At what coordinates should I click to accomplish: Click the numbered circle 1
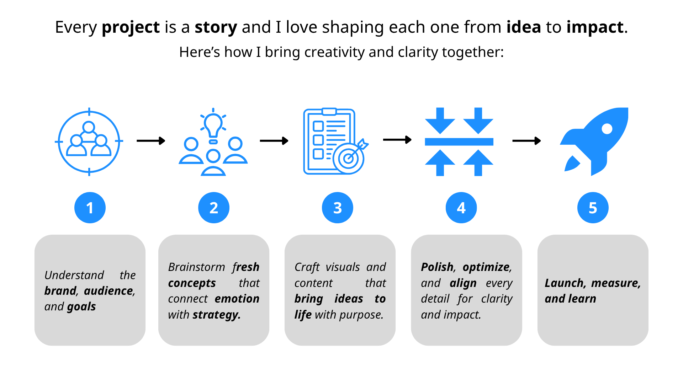point(90,208)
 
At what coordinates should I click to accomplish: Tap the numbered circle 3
point(337,208)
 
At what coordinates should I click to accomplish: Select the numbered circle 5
point(593,208)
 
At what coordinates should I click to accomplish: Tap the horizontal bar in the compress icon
point(459,142)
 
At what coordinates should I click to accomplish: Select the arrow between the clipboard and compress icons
point(397,140)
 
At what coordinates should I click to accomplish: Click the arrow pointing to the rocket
point(526,141)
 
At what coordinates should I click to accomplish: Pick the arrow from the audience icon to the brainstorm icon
point(151,141)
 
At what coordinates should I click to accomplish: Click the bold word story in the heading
point(216,27)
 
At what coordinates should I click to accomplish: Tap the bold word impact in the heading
point(595,27)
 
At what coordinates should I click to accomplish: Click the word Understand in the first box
point(74,275)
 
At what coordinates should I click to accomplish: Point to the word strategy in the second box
point(216,315)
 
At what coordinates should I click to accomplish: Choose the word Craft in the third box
point(307,267)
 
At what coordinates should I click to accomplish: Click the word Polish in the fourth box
point(437,267)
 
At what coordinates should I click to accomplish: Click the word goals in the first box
point(81,306)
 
